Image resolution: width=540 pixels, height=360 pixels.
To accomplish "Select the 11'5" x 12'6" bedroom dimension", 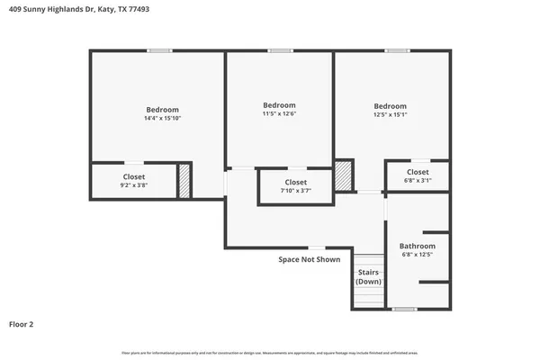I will pyautogui.click(x=278, y=113).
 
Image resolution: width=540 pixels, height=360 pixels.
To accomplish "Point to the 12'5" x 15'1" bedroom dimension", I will pyautogui.click(x=390, y=114).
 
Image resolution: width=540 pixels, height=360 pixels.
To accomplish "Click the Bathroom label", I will pyautogui.click(x=418, y=246).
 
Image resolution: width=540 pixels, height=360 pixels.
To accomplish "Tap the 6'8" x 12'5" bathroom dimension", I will pyautogui.click(x=418, y=255).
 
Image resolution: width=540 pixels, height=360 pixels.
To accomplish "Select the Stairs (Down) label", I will pyautogui.click(x=368, y=276).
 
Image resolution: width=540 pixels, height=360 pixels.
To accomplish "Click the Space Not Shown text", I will pyautogui.click(x=309, y=259).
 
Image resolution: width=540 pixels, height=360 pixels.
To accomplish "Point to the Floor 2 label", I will pyautogui.click(x=22, y=324).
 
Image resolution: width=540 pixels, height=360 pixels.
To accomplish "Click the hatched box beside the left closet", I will pyautogui.click(x=184, y=181).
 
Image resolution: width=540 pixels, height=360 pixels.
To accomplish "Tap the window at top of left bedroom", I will pyautogui.click(x=160, y=50).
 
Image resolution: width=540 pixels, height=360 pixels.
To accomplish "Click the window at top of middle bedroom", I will pyautogui.click(x=280, y=50).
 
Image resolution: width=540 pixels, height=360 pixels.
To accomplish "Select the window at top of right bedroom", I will pyautogui.click(x=397, y=50).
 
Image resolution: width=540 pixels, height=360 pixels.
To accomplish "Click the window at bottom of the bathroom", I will pyautogui.click(x=404, y=309).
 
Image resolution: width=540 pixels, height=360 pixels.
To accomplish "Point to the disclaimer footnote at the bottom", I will pyautogui.click(x=270, y=352).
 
